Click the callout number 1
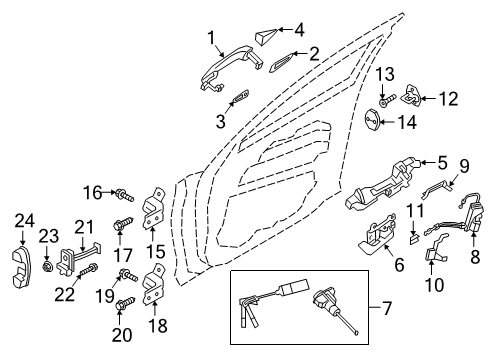tap(211, 38)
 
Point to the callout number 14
tap(407, 122)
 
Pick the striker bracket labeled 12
tap(411, 95)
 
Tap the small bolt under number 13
tap(387, 100)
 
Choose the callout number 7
tap(387, 308)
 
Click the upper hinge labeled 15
tap(154, 209)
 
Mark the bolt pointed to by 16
tap(124, 195)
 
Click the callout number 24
tap(24, 221)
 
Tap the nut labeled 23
tap(48, 267)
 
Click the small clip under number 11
tap(413, 239)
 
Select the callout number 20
tap(122, 335)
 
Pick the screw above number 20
tap(125, 303)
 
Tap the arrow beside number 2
tap(300, 54)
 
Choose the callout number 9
tap(464, 166)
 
